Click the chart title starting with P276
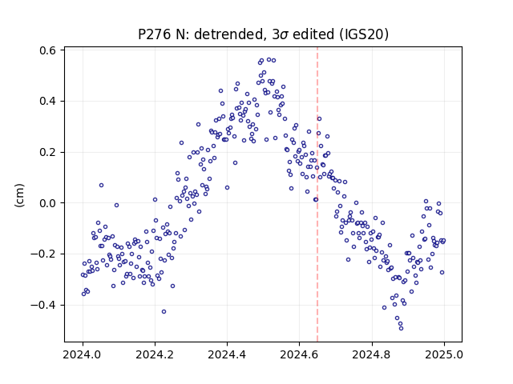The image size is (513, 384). pyautogui.click(x=264, y=34)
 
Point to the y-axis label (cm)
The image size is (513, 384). pyautogui.click(x=19, y=195)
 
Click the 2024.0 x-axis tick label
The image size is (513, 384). pyautogui.click(x=83, y=354)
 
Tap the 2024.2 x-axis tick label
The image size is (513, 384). pyautogui.click(x=155, y=354)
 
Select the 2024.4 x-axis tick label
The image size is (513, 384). pyautogui.click(x=227, y=354)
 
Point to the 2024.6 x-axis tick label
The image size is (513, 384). pyautogui.click(x=299, y=354)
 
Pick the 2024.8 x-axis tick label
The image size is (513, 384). pyautogui.click(x=372, y=354)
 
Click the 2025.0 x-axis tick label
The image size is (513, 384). pyautogui.click(x=444, y=354)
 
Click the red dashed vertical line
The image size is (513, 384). pyautogui.click(x=317, y=194)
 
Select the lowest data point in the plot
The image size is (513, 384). pyautogui.click(x=401, y=329)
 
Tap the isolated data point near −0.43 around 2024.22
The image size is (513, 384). pyautogui.click(x=164, y=312)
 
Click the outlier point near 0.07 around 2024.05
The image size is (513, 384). pyautogui.click(x=102, y=185)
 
